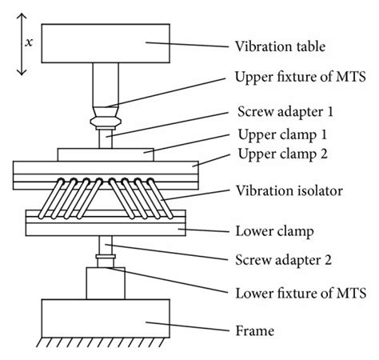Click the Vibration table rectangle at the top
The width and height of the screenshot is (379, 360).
(105, 43)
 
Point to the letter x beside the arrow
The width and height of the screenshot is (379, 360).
(30, 44)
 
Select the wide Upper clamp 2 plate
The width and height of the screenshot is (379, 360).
(105, 170)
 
